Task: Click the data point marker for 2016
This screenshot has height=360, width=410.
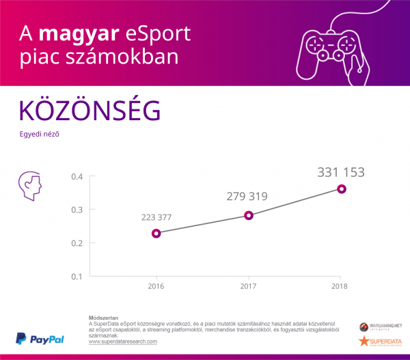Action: pyautogui.click(x=156, y=233)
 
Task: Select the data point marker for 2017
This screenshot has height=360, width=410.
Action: pyautogui.click(x=249, y=215)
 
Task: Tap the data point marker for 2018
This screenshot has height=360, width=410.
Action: pyautogui.click(x=342, y=189)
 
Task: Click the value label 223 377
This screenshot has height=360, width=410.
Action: pyautogui.click(x=156, y=218)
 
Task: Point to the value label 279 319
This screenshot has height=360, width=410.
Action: pyautogui.click(x=247, y=197)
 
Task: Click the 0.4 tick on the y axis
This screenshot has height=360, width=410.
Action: pyautogui.click(x=77, y=177)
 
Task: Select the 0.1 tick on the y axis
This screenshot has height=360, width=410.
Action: pyautogui.click(x=77, y=276)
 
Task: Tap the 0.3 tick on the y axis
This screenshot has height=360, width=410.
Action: pyautogui.click(x=77, y=210)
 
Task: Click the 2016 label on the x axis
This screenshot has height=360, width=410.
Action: pyautogui.click(x=156, y=286)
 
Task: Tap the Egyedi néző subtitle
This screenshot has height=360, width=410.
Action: pyautogui.click(x=40, y=134)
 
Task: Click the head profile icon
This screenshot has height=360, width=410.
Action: pyautogui.click(x=29, y=185)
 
